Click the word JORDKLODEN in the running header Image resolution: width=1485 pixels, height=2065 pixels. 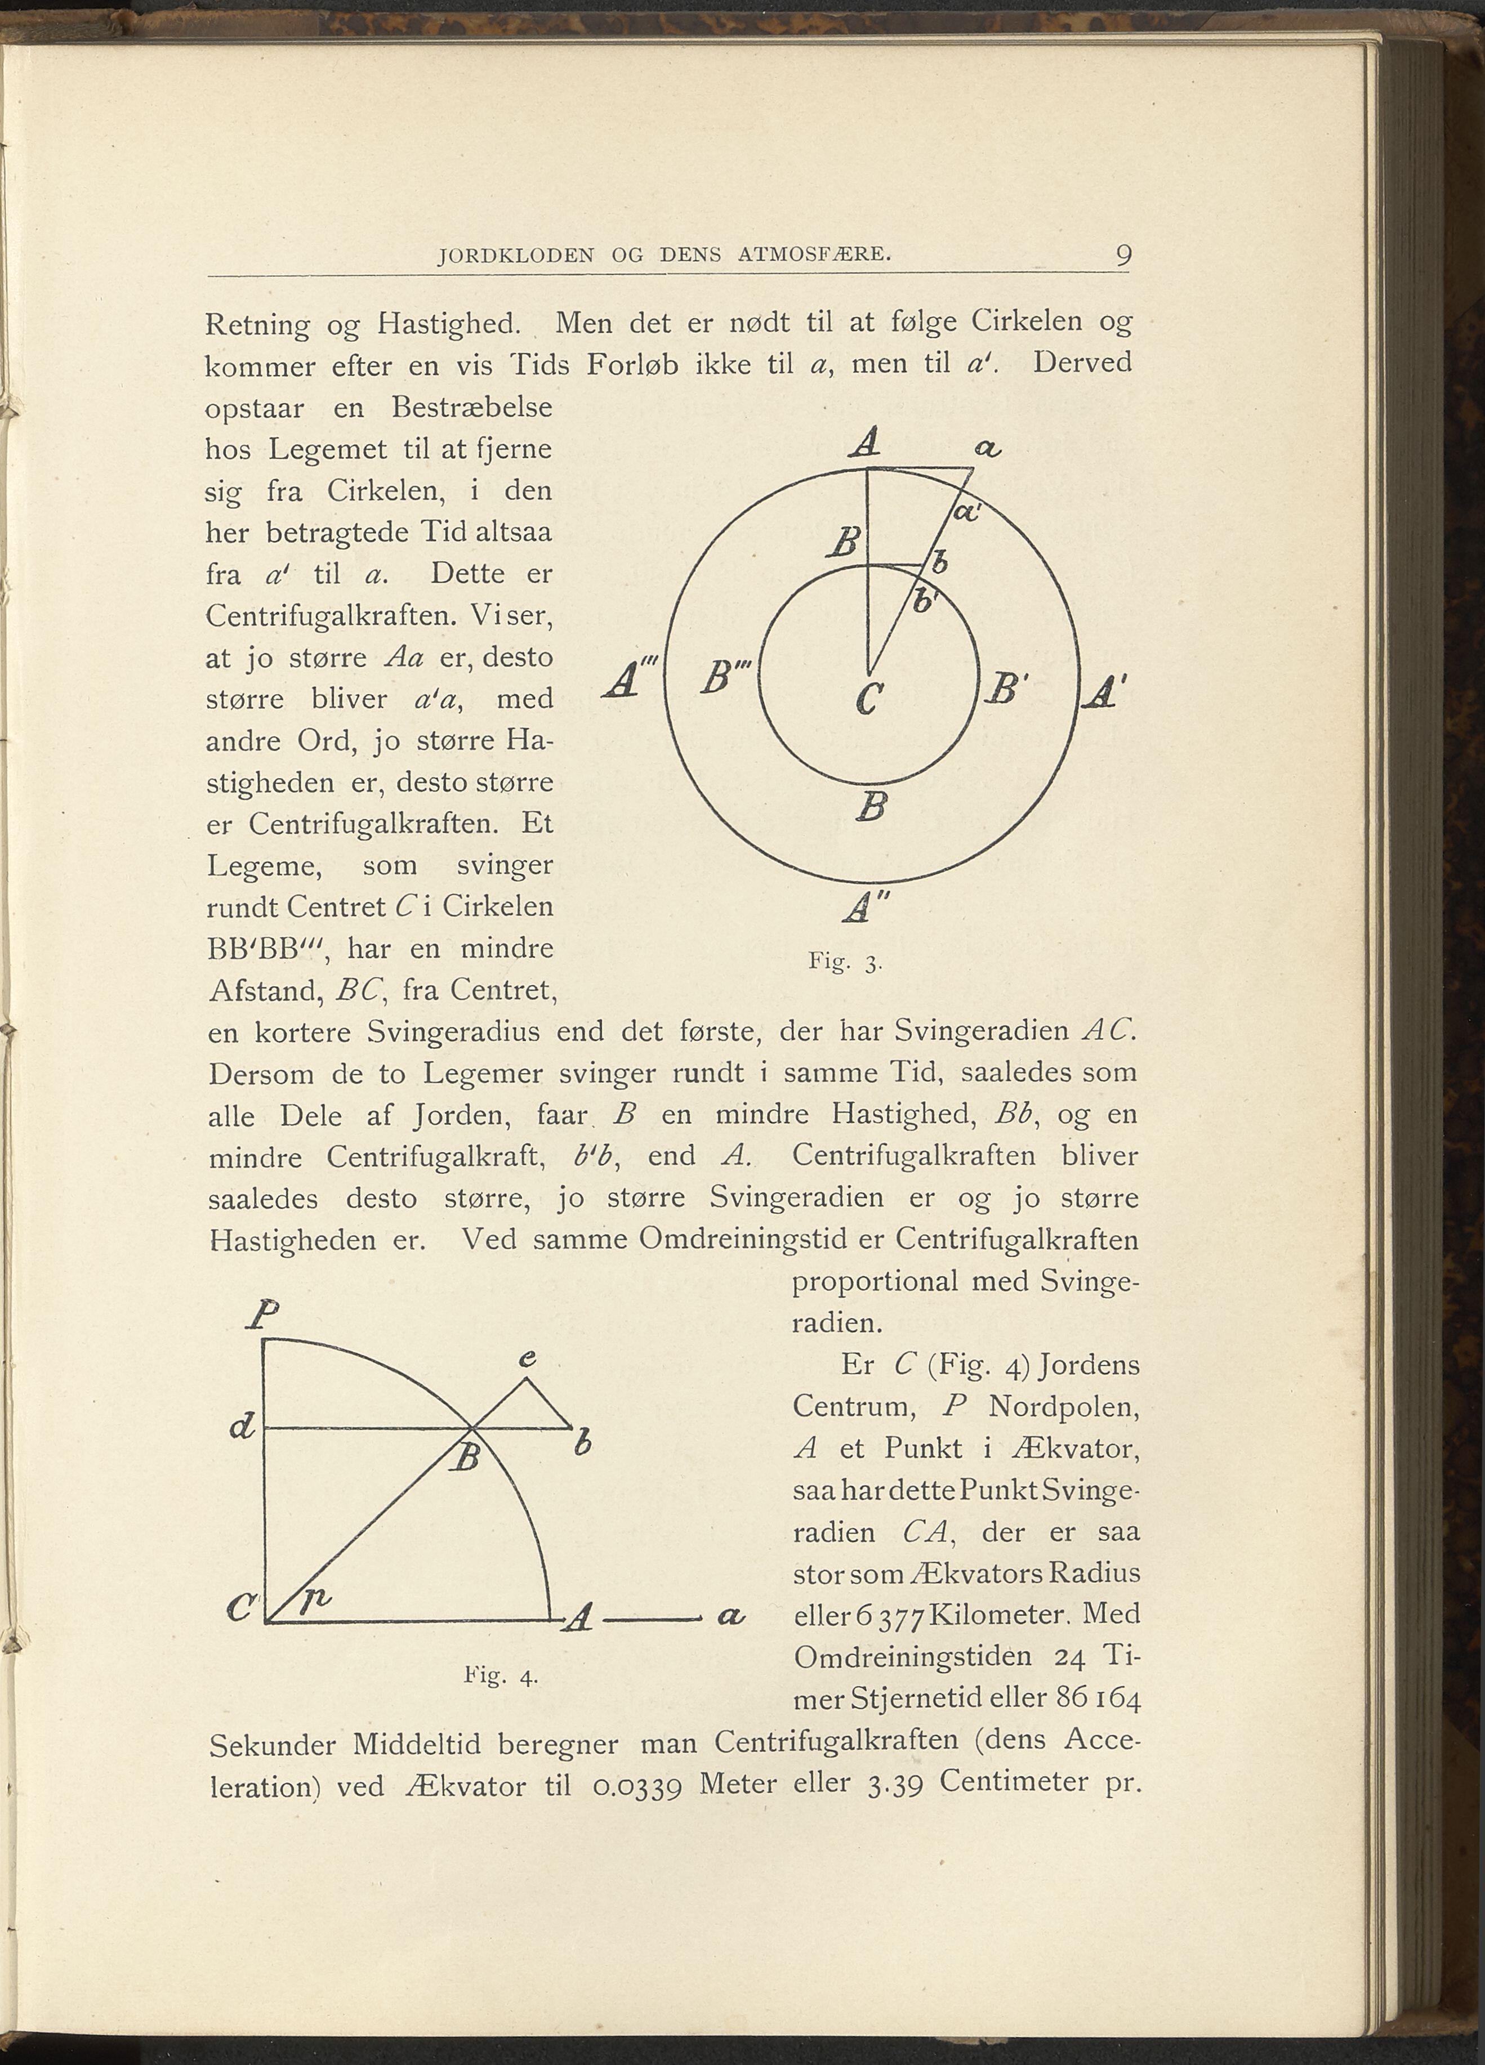[x=515, y=257]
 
